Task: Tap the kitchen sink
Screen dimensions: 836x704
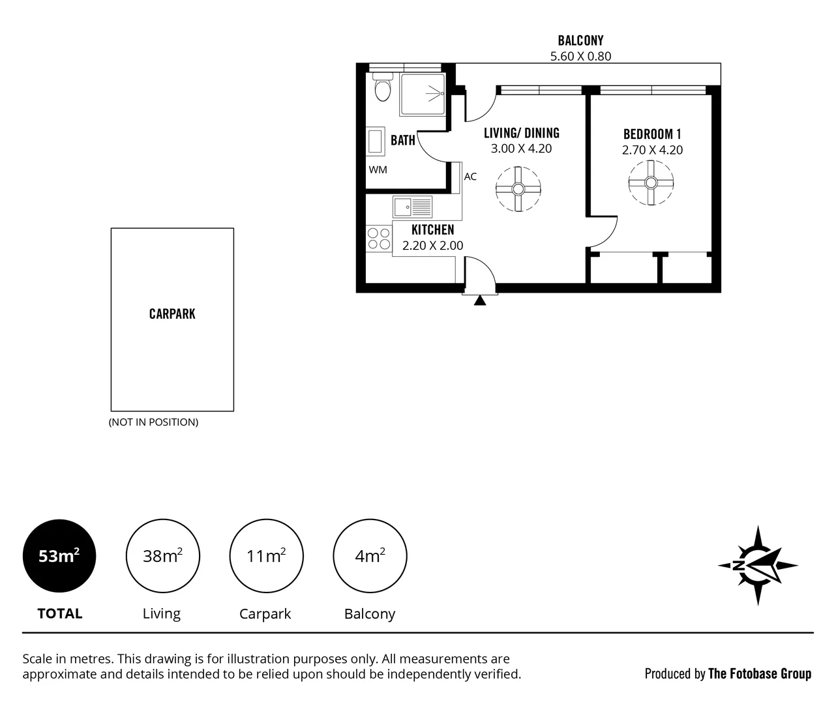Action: pyautogui.click(x=412, y=207)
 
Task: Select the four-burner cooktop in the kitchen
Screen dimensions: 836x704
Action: pyautogui.click(x=379, y=239)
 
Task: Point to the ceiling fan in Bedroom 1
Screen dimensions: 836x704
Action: pyautogui.click(x=651, y=183)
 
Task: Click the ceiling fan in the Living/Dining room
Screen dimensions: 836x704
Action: pyautogui.click(x=518, y=189)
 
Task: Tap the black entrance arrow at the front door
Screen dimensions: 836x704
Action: pyautogui.click(x=480, y=300)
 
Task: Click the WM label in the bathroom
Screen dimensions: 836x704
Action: pyautogui.click(x=378, y=169)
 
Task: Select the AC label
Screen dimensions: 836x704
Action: pyautogui.click(x=470, y=177)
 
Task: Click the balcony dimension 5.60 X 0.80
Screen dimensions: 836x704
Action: pyautogui.click(x=580, y=56)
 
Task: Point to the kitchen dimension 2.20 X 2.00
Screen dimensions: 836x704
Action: pyautogui.click(x=433, y=245)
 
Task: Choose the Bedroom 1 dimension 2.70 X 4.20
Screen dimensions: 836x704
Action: pyautogui.click(x=652, y=150)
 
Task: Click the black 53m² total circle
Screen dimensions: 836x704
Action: pyautogui.click(x=59, y=556)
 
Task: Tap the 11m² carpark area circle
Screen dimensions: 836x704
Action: pyautogui.click(x=266, y=556)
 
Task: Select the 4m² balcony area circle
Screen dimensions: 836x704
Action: pyautogui.click(x=370, y=556)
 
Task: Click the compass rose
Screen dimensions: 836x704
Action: pyautogui.click(x=758, y=565)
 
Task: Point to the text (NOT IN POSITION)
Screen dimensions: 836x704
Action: pyautogui.click(x=153, y=422)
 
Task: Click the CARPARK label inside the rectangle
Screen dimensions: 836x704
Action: pyautogui.click(x=172, y=314)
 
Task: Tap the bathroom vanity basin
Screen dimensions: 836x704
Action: pyautogui.click(x=375, y=141)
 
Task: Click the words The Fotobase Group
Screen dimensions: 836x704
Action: pyautogui.click(x=760, y=673)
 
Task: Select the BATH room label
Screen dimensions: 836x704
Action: pyautogui.click(x=403, y=140)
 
